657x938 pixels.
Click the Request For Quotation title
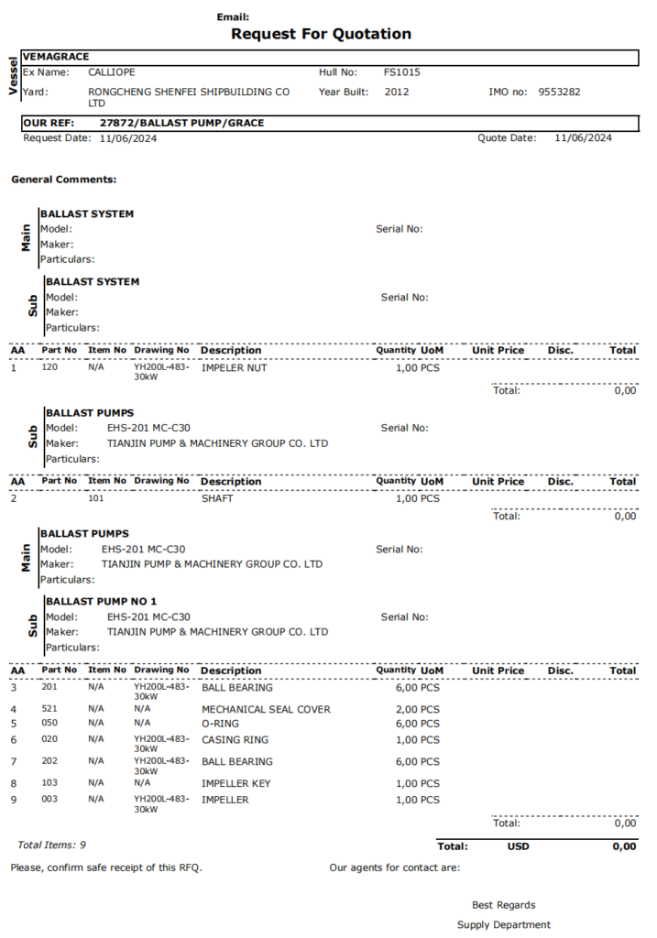coord(321,34)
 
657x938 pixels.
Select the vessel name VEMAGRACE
coord(56,57)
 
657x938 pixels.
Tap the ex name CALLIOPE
coord(113,71)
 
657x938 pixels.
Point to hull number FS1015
coord(402,71)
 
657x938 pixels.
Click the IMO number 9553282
coord(559,92)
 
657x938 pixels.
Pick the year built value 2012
coord(397,92)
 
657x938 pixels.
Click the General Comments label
coord(63,180)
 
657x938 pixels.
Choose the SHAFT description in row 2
coord(217,499)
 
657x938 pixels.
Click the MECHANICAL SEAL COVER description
coord(266,709)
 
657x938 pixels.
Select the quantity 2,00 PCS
coord(417,709)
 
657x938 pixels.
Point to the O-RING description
coord(222,724)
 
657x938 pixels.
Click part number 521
coord(49,708)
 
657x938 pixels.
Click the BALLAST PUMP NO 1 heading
coord(101,601)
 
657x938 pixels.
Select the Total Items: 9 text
coord(52,845)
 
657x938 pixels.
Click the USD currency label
coord(518,846)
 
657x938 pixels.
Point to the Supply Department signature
coord(504,925)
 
